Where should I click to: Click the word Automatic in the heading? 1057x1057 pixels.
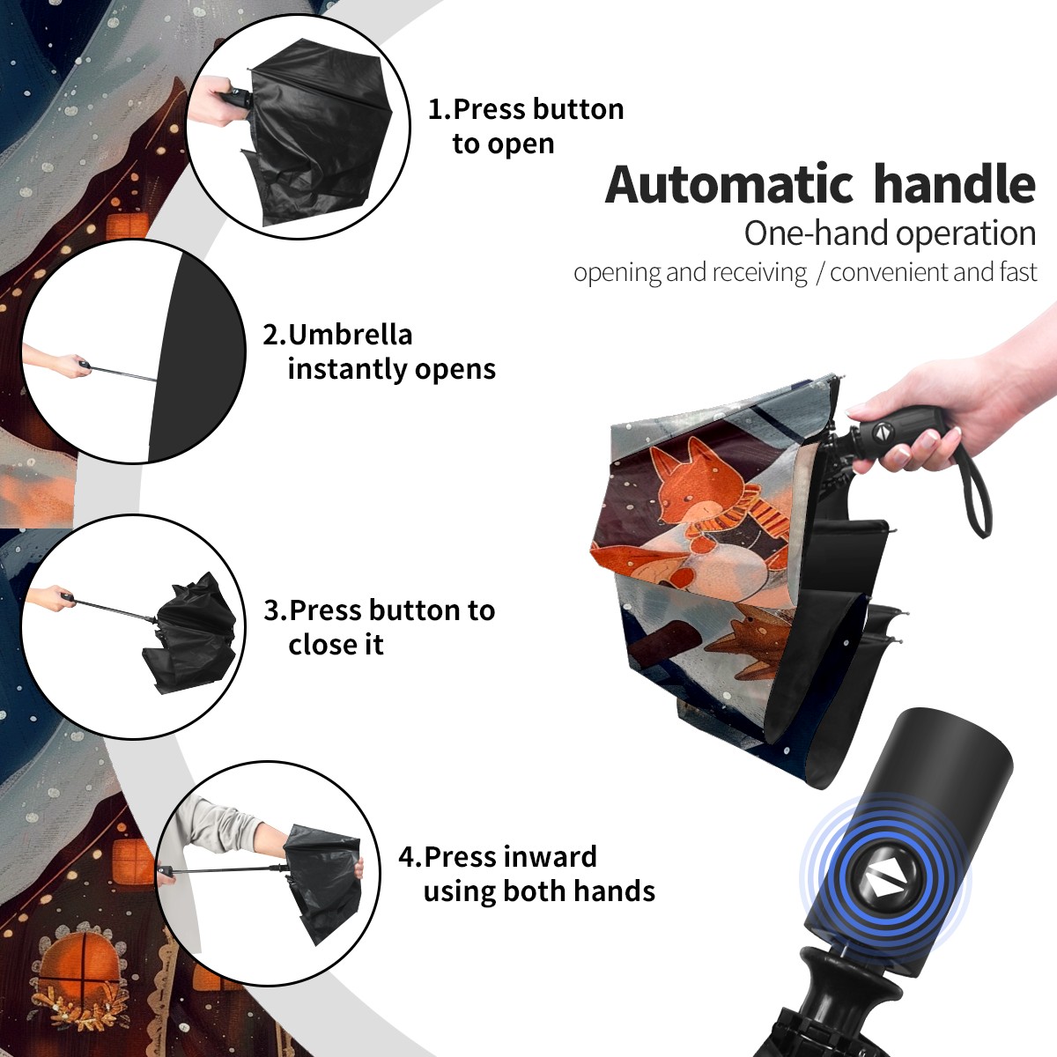[729, 184]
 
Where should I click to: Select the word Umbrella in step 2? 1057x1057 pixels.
[350, 335]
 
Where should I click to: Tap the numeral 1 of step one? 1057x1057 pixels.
[434, 109]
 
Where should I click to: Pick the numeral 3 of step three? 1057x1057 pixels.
[272, 610]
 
